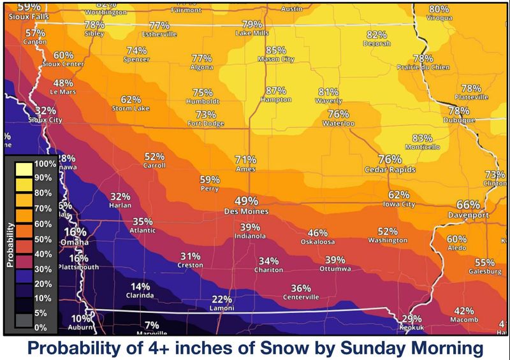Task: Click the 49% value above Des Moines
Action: pyautogui.click(x=246, y=200)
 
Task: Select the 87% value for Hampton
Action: pyautogui.click(x=276, y=91)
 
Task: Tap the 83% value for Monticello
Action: pyautogui.click(x=422, y=138)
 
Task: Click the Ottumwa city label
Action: pyautogui.click(x=335, y=269)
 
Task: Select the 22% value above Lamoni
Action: pyautogui.click(x=222, y=299)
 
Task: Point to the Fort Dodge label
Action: pyautogui.click(x=205, y=123)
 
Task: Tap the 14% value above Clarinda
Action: pyautogui.click(x=140, y=287)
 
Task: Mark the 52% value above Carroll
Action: pyautogui.click(x=155, y=156)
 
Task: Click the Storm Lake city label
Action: pyautogui.click(x=131, y=108)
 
